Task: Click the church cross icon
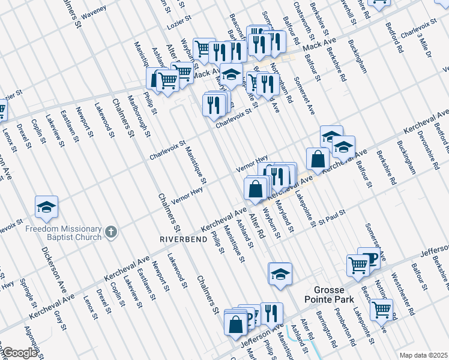(x=110, y=232)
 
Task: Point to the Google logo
(x=20, y=353)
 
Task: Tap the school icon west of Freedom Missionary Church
(x=46, y=207)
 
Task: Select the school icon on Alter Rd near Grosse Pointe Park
(x=280, y=274)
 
